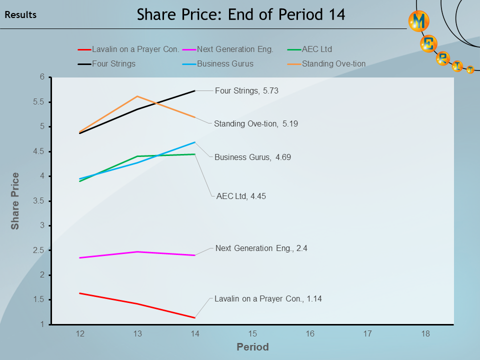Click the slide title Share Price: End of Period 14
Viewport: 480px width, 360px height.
(241, 14)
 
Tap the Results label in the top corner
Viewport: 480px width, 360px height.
(20, 15)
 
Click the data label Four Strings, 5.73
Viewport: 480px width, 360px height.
(246, 90)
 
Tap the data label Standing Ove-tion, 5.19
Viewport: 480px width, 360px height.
(256, 123)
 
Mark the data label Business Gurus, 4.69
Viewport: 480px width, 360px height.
(252, 157)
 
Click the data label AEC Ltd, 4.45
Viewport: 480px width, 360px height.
(241, 196)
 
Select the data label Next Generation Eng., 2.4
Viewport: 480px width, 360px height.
(261, 247)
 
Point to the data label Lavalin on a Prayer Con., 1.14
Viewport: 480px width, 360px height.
(268, 298)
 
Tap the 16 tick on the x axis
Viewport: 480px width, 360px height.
(310, 333)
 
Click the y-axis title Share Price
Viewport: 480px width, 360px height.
(15, 201)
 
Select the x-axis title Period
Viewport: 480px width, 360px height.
(252, 346)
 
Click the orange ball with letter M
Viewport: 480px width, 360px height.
(418, 21)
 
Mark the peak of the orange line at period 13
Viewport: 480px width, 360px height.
(137, 96)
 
